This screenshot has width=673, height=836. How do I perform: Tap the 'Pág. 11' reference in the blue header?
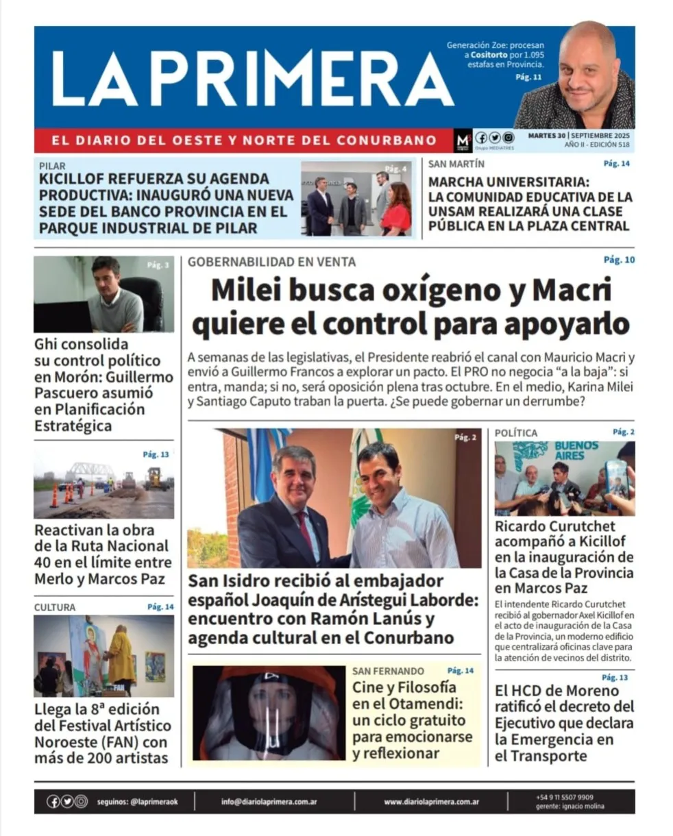point(528,77)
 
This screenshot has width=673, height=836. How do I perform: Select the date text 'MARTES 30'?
point(546,136)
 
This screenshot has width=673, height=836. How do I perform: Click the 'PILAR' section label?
point(53,166)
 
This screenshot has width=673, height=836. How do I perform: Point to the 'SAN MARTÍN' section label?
point(456,164)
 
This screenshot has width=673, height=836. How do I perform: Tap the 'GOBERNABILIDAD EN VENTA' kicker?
point(272,262)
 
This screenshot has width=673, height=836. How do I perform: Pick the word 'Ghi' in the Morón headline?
point(47,344)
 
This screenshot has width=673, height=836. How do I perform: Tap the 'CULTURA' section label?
point(55,607)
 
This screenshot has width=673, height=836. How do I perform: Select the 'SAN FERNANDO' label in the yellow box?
point(388,671)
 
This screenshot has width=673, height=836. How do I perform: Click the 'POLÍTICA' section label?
point(516,433)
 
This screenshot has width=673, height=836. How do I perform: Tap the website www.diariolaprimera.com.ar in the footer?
point(431,802)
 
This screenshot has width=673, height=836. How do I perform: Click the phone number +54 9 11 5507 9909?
point(565,798)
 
